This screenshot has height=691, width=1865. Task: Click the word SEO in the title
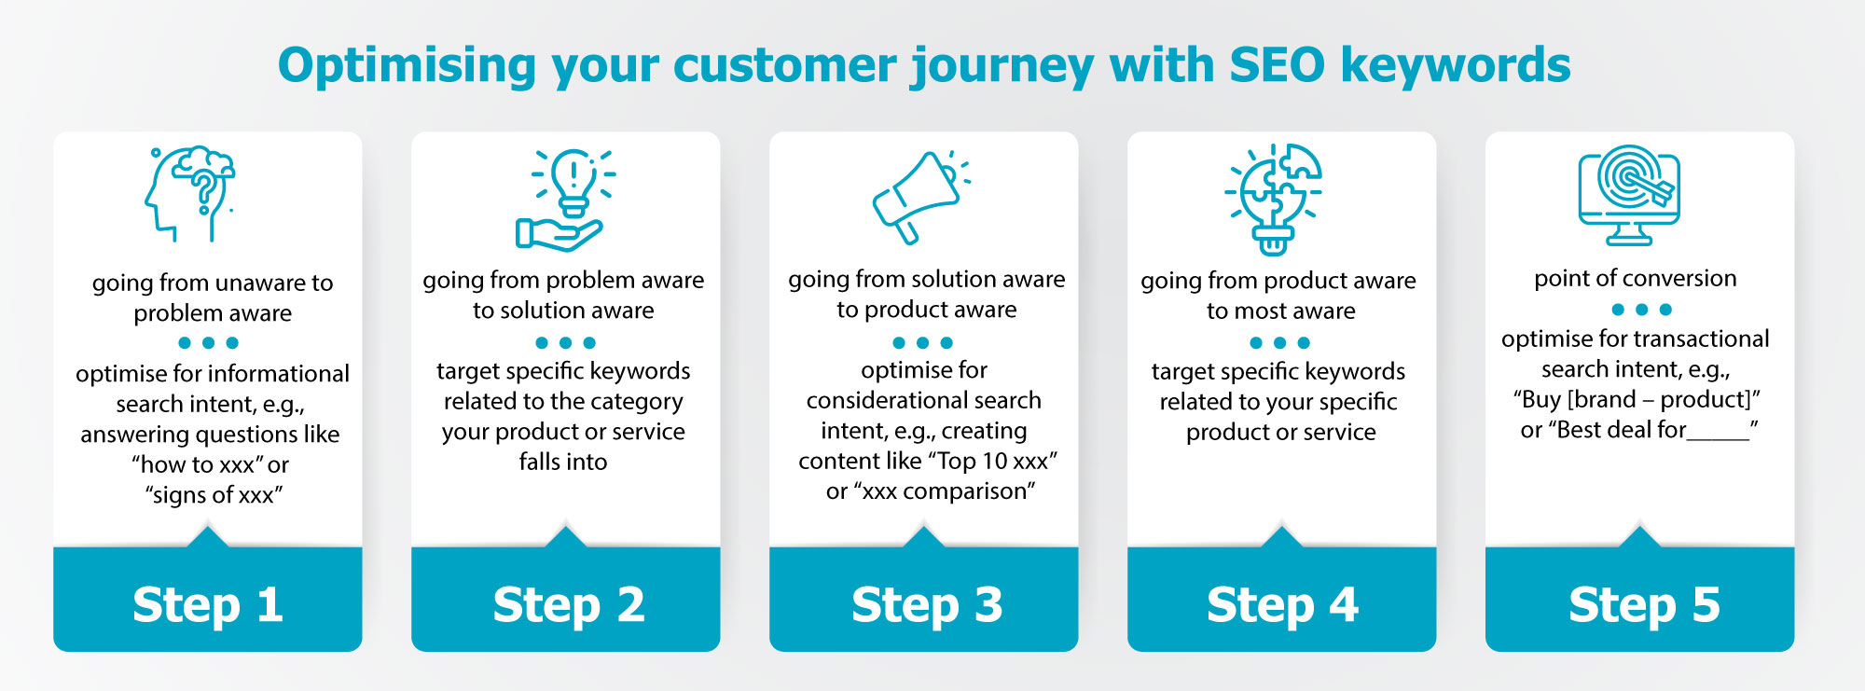click(x=1277, y=65)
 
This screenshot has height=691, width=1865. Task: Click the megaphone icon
click(x=919, y=197)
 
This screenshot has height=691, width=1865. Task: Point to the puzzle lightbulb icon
click(x=1274, y=198)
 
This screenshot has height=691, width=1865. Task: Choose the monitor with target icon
click(x=1629, y=194)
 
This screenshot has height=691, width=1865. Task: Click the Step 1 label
click(x=208, y=604)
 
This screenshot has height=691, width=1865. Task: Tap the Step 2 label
click(x=568, y=604)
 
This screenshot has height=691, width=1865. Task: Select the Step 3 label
click(x=926, y=604)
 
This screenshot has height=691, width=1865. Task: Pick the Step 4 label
click(x=1282, y=604)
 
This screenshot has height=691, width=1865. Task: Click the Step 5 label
click(x=1643, y=604)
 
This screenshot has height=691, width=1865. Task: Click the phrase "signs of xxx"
click(x=214, y=494)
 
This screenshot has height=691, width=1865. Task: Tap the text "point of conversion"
click(x=1635, y=278)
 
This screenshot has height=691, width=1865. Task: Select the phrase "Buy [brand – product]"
click(x=1636, y=399)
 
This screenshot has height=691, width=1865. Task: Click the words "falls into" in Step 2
click(x=562, y=462)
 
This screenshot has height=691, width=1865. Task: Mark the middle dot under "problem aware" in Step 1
click(x=209, y=342)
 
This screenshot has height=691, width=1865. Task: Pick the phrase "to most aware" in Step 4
click(x=1280, y=311)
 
